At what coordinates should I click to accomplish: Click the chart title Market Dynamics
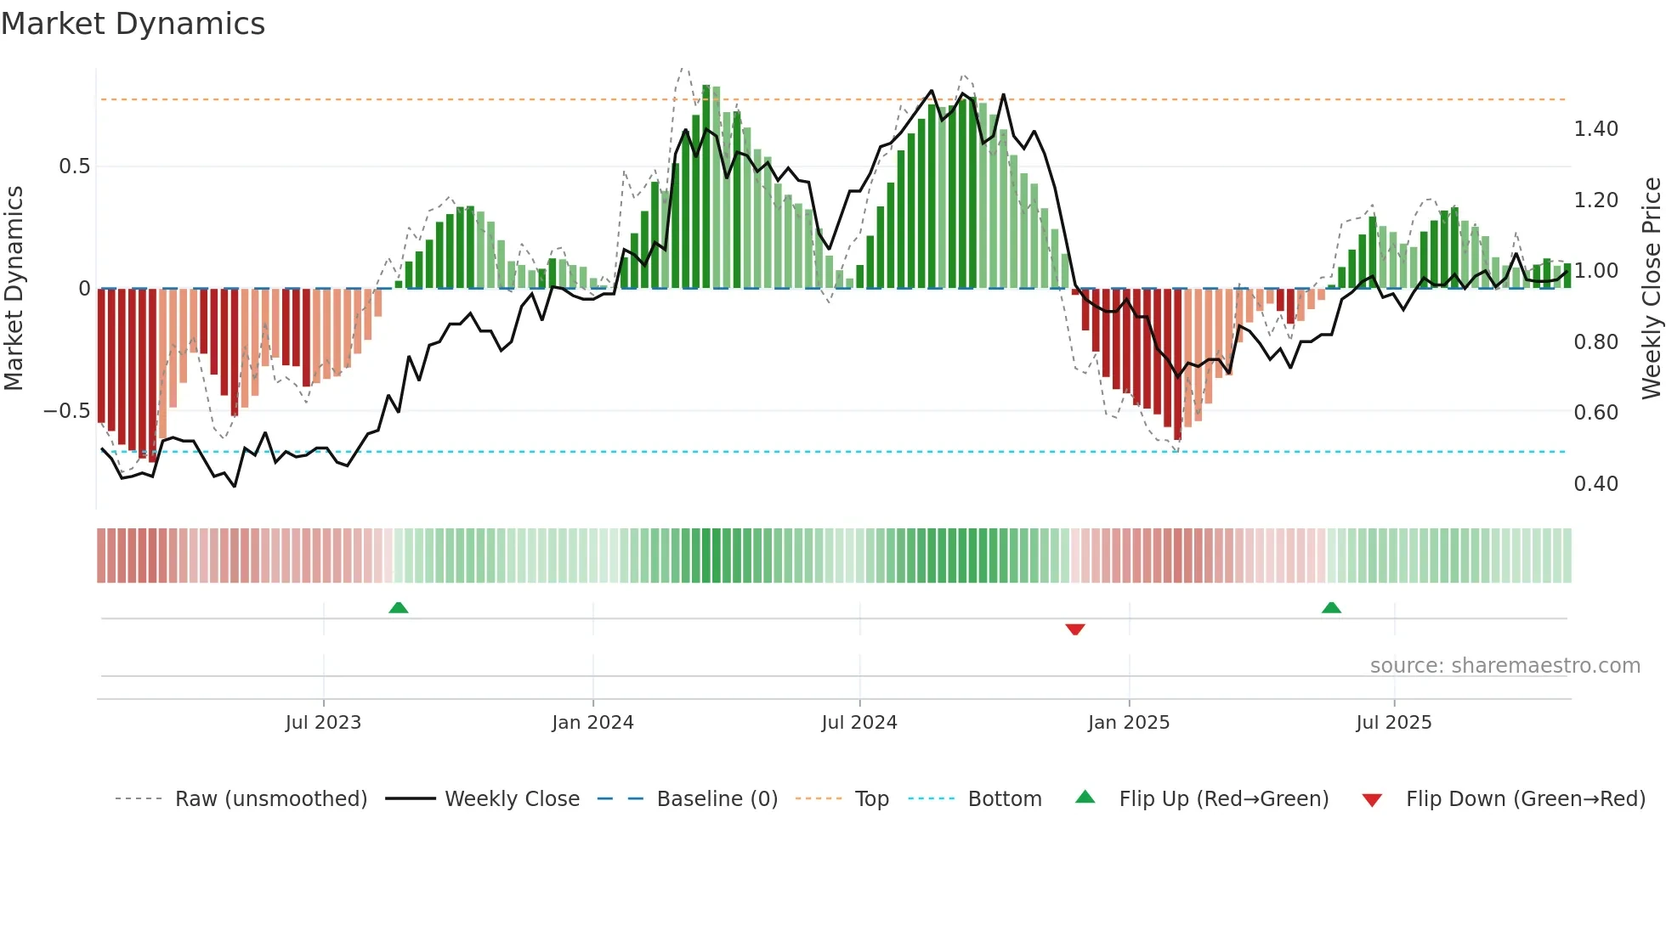tap(133, 24)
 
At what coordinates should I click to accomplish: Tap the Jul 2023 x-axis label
tap(323, 723)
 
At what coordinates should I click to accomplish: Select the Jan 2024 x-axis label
tap(592, 723)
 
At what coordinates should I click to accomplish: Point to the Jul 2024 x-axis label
tap(859, 723)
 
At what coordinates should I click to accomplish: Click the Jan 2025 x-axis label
tap(1129, 723)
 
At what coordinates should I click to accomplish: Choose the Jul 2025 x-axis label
tap(1394, 723)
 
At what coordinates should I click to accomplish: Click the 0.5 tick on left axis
tap(75, 166)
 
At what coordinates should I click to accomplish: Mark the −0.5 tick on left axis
tap(67, 411)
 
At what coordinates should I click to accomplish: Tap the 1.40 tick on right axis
tap(1595, 129)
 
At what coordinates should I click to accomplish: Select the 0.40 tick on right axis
tap(1595, 484)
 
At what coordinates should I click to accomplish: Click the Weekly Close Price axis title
tap(1651, 289)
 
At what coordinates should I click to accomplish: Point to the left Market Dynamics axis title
tap(14, 289)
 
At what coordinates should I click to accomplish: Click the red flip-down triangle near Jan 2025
tap(1075, 629)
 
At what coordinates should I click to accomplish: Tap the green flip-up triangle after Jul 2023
tap(399, 607)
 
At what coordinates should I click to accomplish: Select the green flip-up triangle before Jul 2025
tap(1332, 607)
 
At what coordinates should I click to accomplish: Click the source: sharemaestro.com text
tap(1504, 666)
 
